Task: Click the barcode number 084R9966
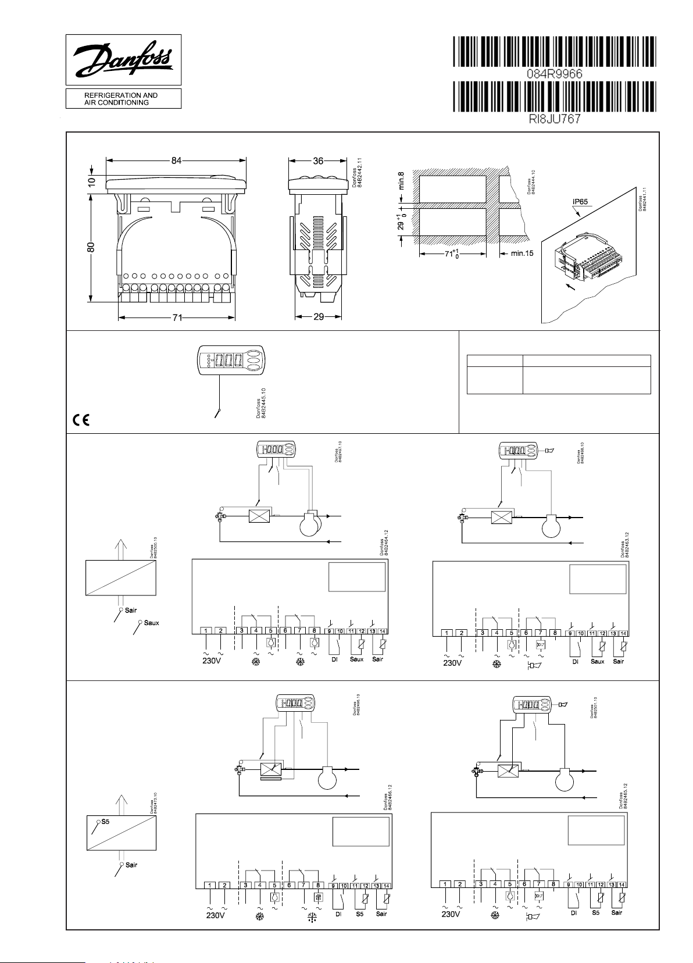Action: pyautogui.click(x=554, y=74)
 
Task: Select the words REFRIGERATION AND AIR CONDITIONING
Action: pyautogui.click(x=113, y=99)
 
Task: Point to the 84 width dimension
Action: pyautogui.click(x=176, y=160)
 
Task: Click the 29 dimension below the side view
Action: pyautogui.click(x=318, y=317)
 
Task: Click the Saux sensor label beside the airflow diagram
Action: pyautogui.click(x=151, y=623)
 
